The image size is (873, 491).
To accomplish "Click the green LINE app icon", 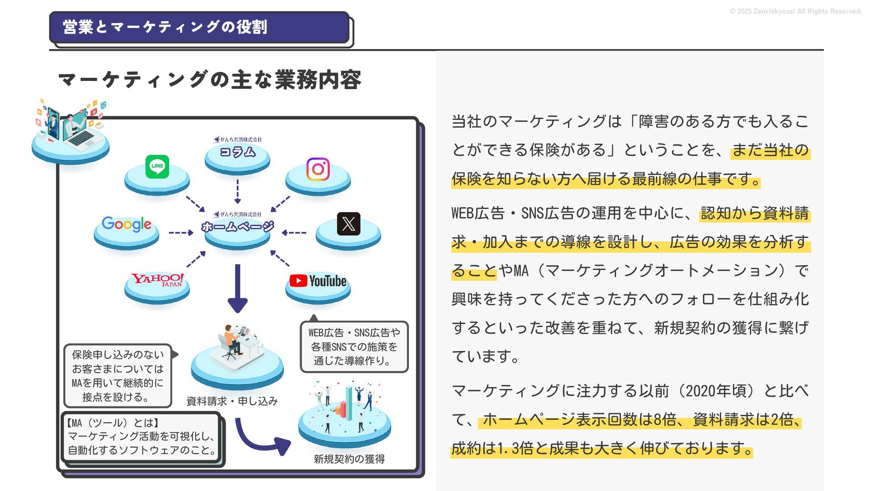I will (x=157, y=166).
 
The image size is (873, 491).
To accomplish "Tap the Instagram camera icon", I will (x=318, y=169).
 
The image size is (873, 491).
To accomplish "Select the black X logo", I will (x=348, y=224).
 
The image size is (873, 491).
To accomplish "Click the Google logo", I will (x=126, y=224).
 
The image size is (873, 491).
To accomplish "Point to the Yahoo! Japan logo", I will (x=157, y=280).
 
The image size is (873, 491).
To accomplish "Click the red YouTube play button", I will (x=298, y=281).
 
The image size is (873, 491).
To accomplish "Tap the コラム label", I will (x=237, y=152).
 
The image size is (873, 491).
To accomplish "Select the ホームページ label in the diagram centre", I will (x=237, y=226).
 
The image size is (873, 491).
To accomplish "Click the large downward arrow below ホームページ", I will (x=237, y=288).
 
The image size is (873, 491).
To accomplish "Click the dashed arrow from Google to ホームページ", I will (x=181, y=233).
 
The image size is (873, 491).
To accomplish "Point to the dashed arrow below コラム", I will (x=237, y=191).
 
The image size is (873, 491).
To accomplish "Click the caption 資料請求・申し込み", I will (x=232, y=401).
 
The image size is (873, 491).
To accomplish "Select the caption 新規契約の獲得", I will (x=349, y=459).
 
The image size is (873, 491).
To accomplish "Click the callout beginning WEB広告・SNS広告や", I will (x=354, y=346).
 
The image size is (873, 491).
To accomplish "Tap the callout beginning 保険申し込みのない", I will (x=118, y=376).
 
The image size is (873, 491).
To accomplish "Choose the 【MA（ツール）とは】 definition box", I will (x=141, y=436).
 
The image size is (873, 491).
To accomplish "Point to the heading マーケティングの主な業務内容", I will (x=210, y=80).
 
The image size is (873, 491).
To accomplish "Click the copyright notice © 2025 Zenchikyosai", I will (x=795, y=11).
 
